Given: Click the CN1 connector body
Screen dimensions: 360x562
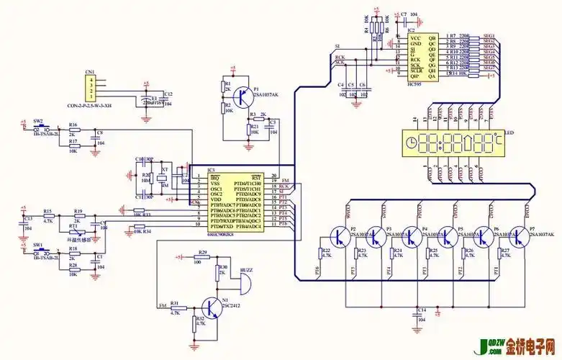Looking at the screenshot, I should click(x=90, y=89).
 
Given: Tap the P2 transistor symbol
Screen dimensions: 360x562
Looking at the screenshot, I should click(x=338, y=236).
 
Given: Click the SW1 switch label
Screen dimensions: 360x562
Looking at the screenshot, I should click(x=37, y=245).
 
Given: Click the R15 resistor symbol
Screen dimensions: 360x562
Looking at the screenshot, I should click(x=47, y=217).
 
